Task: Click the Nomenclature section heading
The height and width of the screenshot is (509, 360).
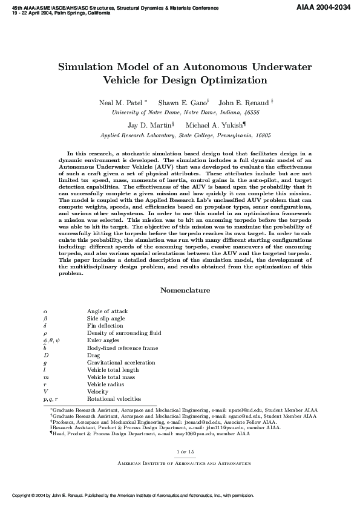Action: (185, 291)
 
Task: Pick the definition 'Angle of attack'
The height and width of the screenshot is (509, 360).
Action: (107, 311)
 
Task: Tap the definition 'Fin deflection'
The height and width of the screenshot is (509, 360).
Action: (104, 326)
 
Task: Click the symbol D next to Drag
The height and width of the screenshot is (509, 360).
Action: (46, 355)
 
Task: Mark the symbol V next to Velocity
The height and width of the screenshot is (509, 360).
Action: (46, 392)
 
